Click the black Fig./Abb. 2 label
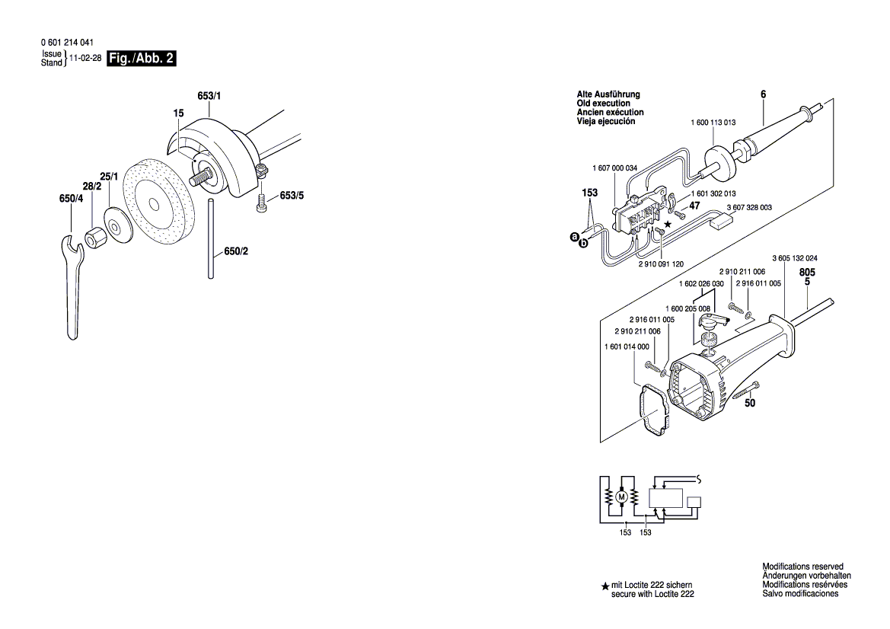click(x=142, y=59)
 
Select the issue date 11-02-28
click(x=85, y=58)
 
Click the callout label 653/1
click(x=209, y=96)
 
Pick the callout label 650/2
click(x=236, y=251)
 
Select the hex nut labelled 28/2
click(x=97, y=238)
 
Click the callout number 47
click(x=694, y=206)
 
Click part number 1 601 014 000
click(x=626, y=346)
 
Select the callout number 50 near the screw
click(x=750, y=404)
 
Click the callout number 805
click(x=808, y=272)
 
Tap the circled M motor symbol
click(x=621, y=497)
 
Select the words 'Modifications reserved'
click(x=802, y=567)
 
